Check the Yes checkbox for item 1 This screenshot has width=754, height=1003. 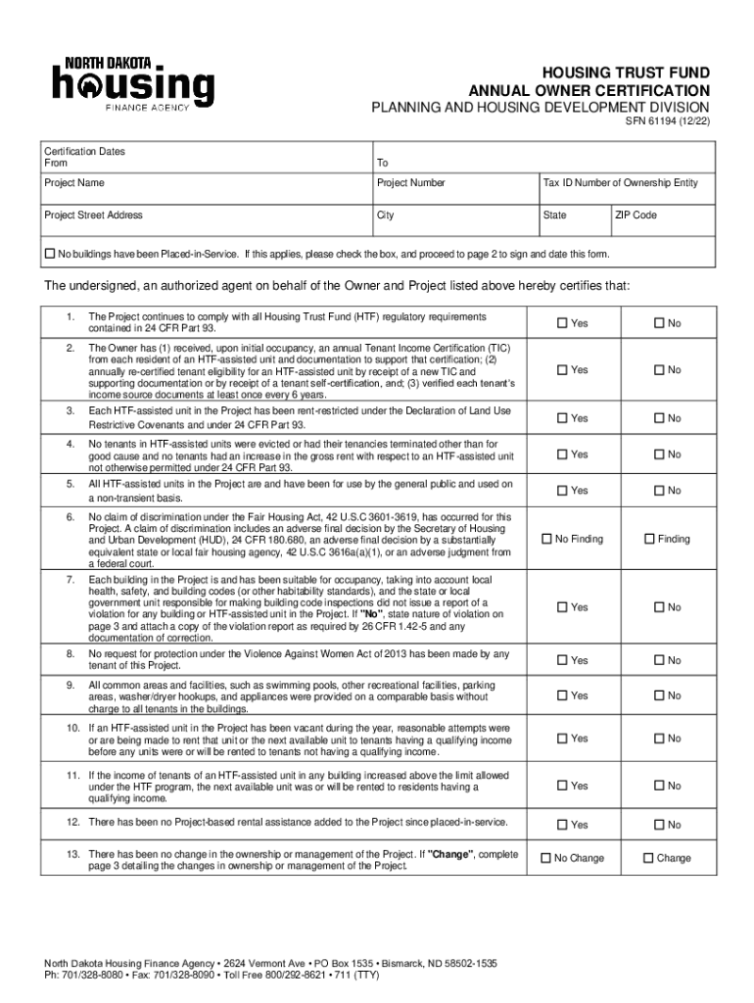pos(562,323)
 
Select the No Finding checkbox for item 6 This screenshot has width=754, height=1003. pos(547,539)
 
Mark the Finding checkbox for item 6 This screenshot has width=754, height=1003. pos(648,539)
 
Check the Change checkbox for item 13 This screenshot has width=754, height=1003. pos(648,858)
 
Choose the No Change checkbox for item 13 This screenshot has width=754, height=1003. pos(547,858)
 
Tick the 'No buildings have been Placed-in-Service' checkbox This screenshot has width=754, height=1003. pos(50,254)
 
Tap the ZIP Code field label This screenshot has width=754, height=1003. pos(636,215)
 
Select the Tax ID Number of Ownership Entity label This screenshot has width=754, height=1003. pos(620,183)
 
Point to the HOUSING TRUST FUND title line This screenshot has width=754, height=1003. pos(628,73)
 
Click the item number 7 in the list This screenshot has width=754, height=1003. pos(71,580)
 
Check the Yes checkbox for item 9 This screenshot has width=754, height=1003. pos(562,695)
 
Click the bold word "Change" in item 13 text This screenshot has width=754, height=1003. pos(447,854)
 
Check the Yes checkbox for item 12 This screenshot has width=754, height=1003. pos(562,825)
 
